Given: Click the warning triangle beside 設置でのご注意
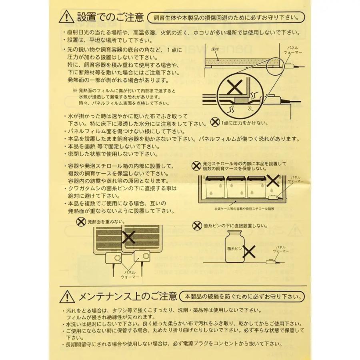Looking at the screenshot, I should [x=66, y=18].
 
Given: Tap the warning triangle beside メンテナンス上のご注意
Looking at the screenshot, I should [x=66, y=297].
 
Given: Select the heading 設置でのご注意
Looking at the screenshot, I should [x=110, y=18].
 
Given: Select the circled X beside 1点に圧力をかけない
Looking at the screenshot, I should [x=215, y=120].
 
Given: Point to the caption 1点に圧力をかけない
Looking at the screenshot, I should [x=243, y=123].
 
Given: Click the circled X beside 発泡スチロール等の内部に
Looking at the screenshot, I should [x=196, y=165].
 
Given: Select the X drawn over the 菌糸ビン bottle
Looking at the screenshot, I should [x=249, y=251].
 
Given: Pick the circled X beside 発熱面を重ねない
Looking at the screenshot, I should [x=81, y=221].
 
